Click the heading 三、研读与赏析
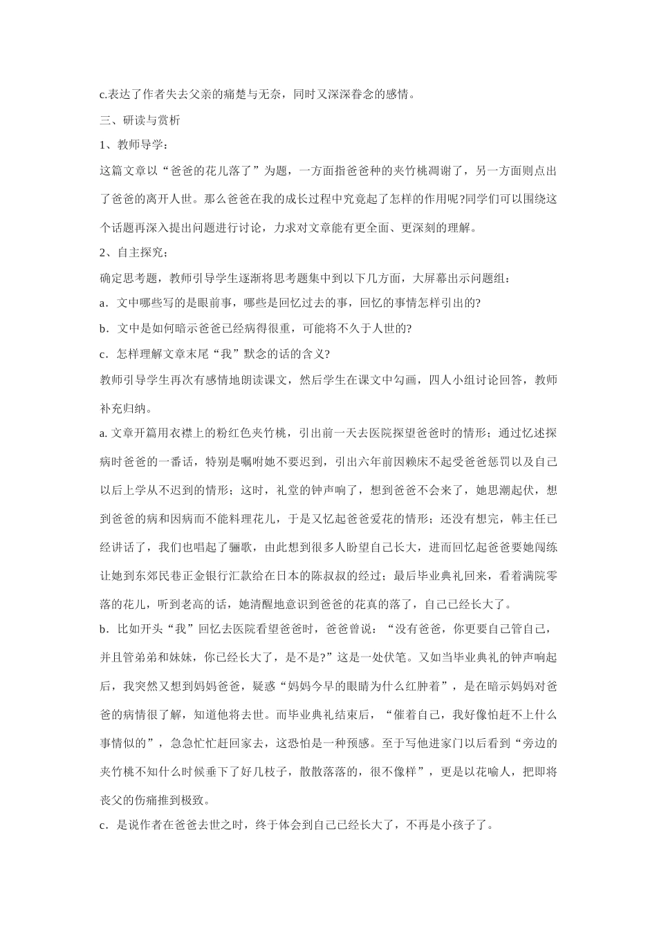coord(140,120)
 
